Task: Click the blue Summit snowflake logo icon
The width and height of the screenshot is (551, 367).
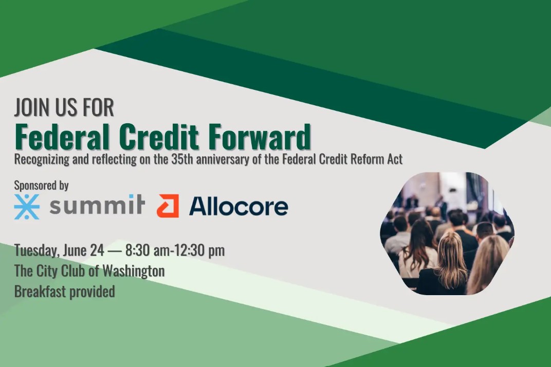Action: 27,207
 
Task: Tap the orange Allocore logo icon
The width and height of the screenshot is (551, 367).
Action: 168,206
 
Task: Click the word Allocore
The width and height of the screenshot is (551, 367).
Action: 238,206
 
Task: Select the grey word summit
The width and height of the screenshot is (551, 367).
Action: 97,204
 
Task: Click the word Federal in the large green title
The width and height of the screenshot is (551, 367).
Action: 62,137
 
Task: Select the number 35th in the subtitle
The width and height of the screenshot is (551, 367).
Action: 182,159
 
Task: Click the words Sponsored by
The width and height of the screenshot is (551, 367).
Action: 42,185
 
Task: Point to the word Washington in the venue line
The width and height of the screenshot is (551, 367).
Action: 134,271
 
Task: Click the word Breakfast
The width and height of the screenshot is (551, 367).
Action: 40,292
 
